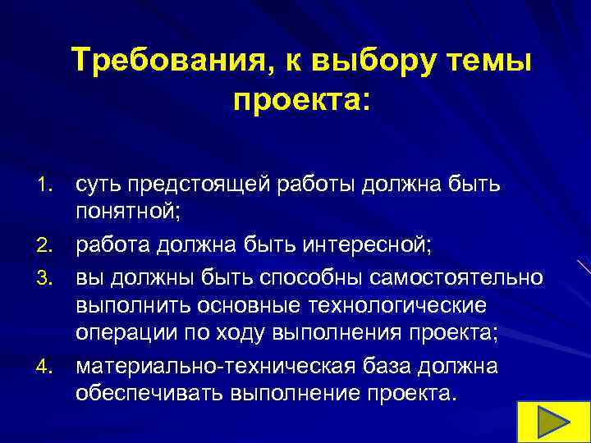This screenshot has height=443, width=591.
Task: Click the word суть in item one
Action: (98, 186)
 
